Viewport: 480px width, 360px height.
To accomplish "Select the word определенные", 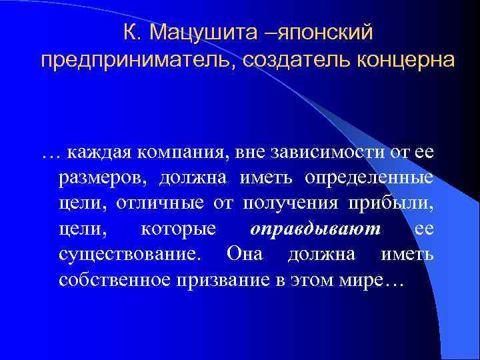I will [369, 179].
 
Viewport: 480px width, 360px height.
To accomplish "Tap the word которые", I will [179, 229].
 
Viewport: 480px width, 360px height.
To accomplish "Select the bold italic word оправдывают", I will [315, 229].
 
